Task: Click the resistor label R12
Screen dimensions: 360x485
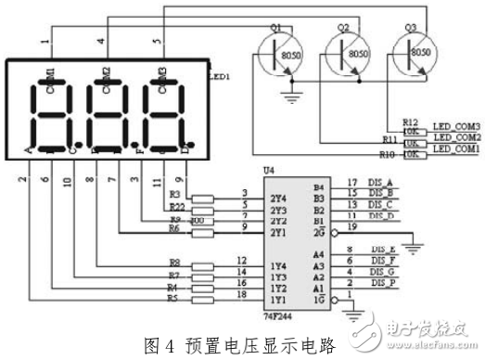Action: pyautogui.click(x=412, y=122)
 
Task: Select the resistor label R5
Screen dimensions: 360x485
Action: pyautogui.click(x=173, y=299)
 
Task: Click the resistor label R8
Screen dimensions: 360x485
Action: pyautogui.click(x=173, y=264)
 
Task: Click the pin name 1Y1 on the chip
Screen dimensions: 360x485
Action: pyautogui.click(x=276, y=299)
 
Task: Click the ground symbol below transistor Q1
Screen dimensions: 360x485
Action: pyautogui.click(x=295, y=95)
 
